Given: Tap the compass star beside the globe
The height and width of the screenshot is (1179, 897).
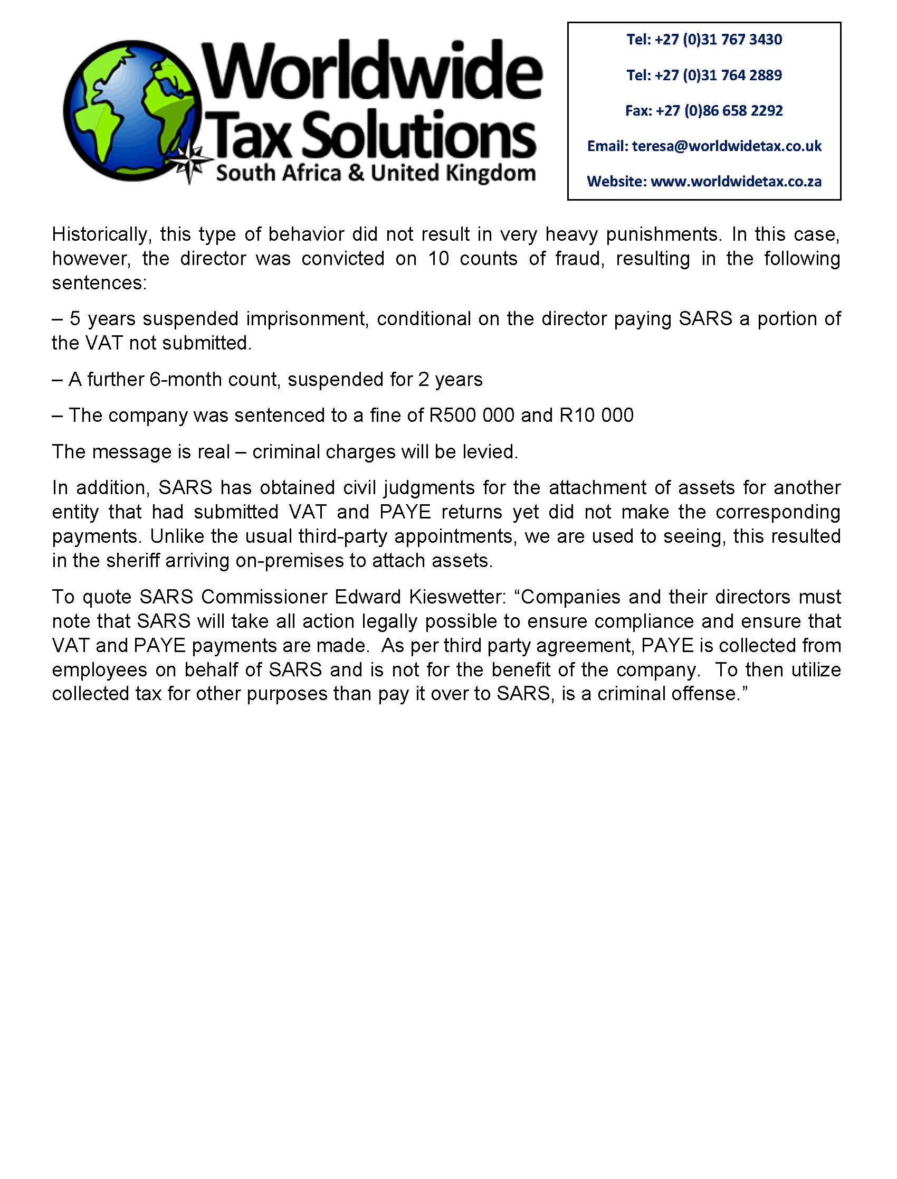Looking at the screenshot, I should point(193,164).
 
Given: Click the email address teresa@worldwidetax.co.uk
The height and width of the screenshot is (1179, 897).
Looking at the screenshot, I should point(727,146).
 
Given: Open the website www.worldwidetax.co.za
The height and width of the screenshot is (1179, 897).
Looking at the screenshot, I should point(736,182).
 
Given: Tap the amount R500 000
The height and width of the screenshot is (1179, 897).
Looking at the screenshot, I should point(472,415).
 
